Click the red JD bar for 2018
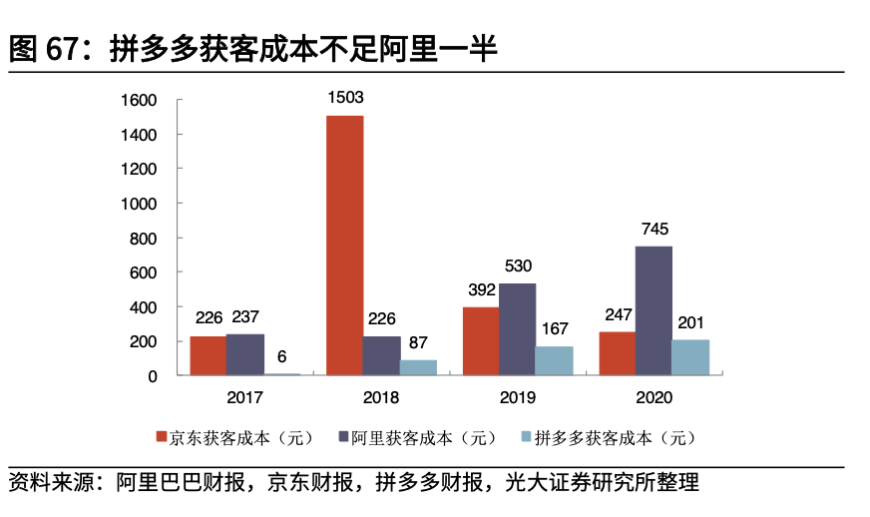click(x=345, y=246)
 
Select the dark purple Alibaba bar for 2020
click(x=653, y=310)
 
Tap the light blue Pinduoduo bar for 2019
click(x=554, y=360)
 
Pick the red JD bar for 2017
click(x=208, y=355)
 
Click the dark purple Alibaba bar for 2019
click(x=517, y=329)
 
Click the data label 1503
click(x=345, y=98)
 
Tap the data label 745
click(x=653, y=229)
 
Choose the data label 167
click(x=554, y=328)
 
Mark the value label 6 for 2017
click(x=281, y=356)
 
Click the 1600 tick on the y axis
click(x=139, y=100)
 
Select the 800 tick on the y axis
click(x=144, y=238)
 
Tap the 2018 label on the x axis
click(x=381, y=397)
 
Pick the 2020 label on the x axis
click(x=653, y=397)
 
